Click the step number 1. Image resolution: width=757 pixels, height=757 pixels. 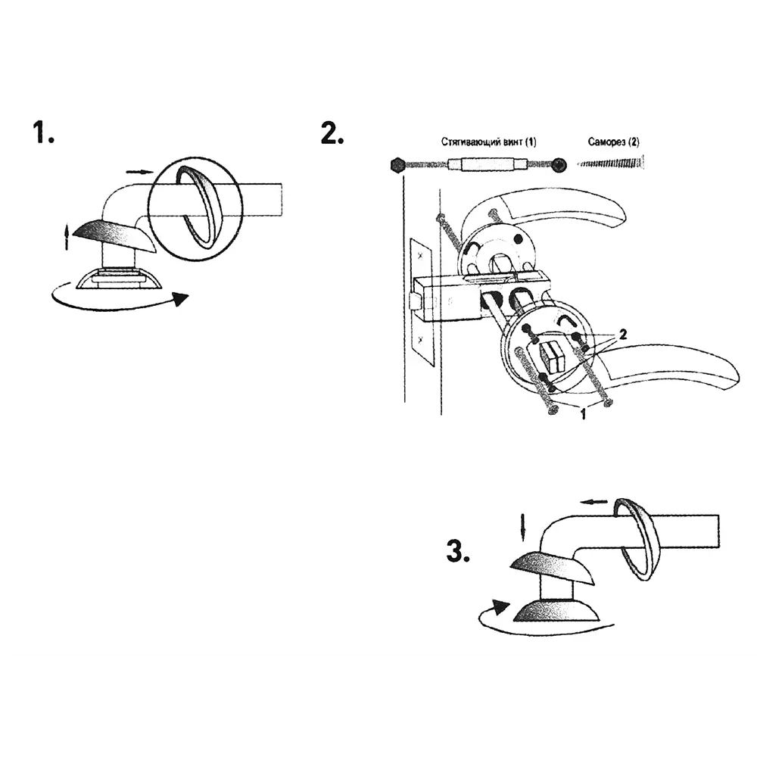pos(43,132)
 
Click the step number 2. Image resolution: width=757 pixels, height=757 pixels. pos(332,133)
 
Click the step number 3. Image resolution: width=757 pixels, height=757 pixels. pos(458,551)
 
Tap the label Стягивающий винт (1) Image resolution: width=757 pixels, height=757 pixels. pos(488,142)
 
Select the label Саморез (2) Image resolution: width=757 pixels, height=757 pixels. pos(613,142)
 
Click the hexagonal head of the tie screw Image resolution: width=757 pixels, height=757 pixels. pos(397,165)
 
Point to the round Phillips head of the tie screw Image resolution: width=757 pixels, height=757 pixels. pos(559,165)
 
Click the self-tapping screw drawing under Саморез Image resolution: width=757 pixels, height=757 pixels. pos(611,164)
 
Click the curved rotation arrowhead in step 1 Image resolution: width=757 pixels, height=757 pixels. pos(181,299)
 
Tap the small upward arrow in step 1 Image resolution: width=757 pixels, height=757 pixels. pos(67,236)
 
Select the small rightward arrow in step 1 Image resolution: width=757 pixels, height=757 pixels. pos(139,172)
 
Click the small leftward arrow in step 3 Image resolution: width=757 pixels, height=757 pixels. pos(593,502)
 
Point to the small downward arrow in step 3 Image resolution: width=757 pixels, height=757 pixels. pos(523,527)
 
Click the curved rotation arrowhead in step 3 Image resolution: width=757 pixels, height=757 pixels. pos(502,606)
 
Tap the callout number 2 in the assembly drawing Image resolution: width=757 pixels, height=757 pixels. pos(623,334)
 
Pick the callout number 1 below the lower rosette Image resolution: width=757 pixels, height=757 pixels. pos(583,414)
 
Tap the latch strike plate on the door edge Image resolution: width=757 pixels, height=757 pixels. pos(420,301)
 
